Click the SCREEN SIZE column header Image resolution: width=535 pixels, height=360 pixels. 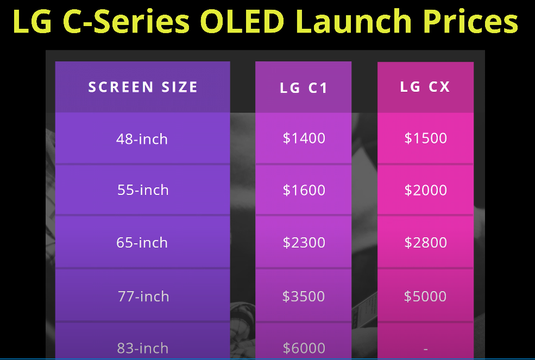point(143,87)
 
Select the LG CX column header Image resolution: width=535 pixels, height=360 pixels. point(425,87)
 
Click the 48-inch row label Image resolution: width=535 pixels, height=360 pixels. point(142,139)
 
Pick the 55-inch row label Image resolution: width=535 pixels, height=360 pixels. point(143,190)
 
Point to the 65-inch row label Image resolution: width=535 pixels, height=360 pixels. point(142,243)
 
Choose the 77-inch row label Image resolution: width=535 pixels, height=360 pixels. point(143,296)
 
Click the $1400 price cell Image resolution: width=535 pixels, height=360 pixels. point(304,138)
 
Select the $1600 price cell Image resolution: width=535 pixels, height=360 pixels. point(304,190)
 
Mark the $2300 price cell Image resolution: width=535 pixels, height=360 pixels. point(304,243)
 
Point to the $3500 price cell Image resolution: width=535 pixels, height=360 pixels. point(303,296)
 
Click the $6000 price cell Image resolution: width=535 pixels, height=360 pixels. point(304,348)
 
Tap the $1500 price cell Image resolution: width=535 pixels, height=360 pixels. point(425,138)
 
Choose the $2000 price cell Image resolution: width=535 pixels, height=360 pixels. point(425,190)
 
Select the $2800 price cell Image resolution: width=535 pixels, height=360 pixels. point(425,243)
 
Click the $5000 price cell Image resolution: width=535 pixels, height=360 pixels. point(425,296)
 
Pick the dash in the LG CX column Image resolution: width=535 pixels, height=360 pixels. point(425,349)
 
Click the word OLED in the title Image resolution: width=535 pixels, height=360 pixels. point(242,21)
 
